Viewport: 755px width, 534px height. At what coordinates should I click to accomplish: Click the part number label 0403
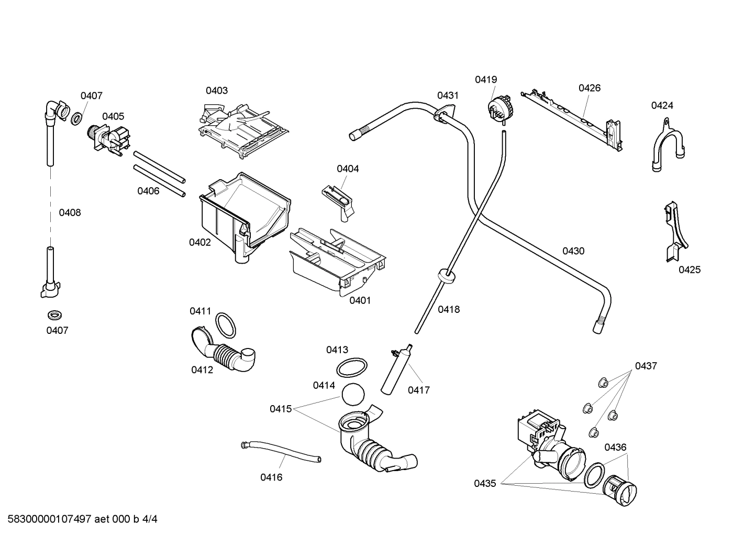click(216, 90)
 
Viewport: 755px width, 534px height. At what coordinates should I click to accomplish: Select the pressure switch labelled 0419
click(499, 109)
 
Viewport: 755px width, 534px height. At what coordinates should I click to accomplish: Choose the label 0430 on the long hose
click(573, 251)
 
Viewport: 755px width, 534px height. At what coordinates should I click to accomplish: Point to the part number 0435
click(485, 484)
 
